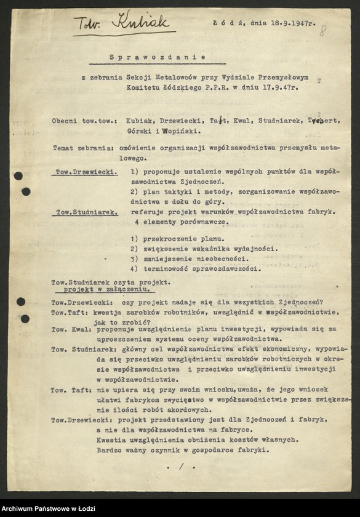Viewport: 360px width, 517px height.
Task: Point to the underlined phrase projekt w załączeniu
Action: click(x=105, y=287)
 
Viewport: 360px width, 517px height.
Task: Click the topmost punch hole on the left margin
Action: click(x=18, y=175)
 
